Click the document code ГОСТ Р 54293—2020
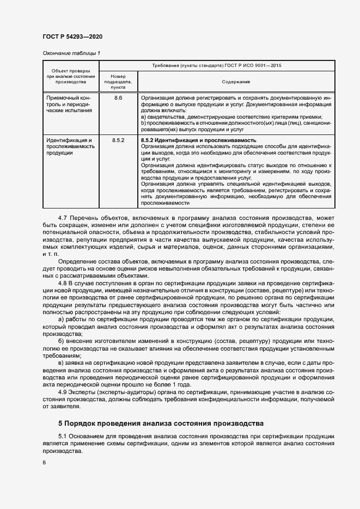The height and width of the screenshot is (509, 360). click(72, 36)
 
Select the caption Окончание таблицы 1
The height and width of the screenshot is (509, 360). click(71, 53)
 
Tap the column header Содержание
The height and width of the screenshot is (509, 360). click(236, 82)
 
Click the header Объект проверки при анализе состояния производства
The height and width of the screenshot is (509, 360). click(71, 76)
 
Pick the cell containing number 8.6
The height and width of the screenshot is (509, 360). click(118, 97)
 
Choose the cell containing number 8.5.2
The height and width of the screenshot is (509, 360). click(118, 140)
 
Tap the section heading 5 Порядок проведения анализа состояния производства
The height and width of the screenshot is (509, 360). click(161, 423)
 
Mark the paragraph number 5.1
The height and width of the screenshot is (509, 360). click(62, 437)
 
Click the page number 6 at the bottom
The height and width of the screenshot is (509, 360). click(44, 463)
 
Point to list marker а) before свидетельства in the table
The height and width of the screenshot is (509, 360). click(143, 116)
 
